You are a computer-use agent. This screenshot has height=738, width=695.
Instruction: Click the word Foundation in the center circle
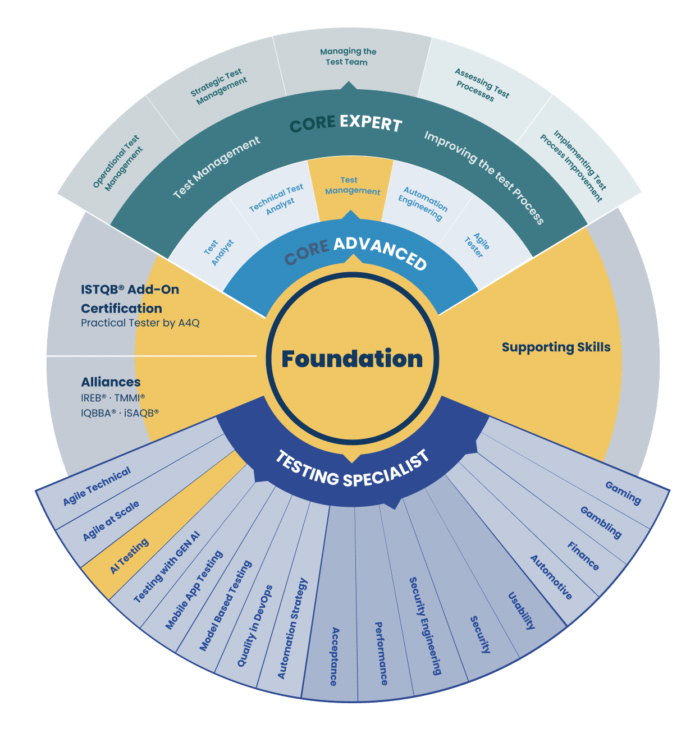352,359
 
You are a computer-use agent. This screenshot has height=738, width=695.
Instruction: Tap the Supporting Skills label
556,347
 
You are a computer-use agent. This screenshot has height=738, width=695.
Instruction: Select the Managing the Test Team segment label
347,57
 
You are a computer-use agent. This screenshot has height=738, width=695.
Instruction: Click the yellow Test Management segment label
352,185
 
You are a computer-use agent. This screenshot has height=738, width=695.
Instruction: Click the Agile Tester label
477,245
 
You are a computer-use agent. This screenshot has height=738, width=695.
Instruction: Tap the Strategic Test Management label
218,86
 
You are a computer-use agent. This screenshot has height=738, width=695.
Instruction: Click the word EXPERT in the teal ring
371,123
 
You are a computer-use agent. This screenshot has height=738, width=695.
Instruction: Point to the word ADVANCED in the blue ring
381,254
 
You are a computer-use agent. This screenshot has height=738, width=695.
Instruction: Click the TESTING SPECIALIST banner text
352,468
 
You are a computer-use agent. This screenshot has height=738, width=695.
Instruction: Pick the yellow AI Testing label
129,556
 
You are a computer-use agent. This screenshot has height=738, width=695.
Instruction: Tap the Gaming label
623,493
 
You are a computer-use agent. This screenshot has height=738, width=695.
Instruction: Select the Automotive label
551,577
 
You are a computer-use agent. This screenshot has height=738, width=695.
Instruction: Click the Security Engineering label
425,626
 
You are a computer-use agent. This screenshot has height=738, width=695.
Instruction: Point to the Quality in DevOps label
255,626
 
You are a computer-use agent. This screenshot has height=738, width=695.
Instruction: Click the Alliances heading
111,382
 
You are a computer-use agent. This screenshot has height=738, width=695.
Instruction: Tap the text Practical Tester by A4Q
140,323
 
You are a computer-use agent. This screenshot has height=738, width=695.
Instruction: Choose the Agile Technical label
97,485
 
